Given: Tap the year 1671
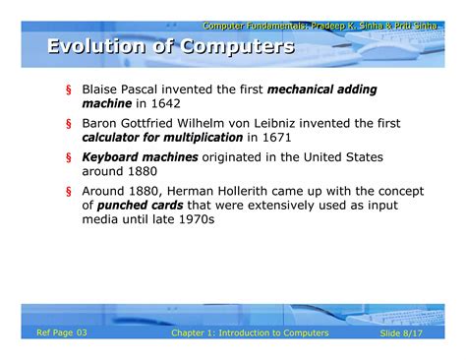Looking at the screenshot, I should (264, 138).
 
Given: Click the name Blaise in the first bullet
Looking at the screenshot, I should (100, 89).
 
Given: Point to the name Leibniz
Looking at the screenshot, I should (317, 123).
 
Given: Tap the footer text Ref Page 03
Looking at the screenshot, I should (62, 333).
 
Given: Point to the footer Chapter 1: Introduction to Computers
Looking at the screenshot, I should (250, 334).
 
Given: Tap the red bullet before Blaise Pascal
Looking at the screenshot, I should (69, 90).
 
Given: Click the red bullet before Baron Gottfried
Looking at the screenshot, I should (69, 124).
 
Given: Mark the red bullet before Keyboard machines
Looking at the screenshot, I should (69, 157).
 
